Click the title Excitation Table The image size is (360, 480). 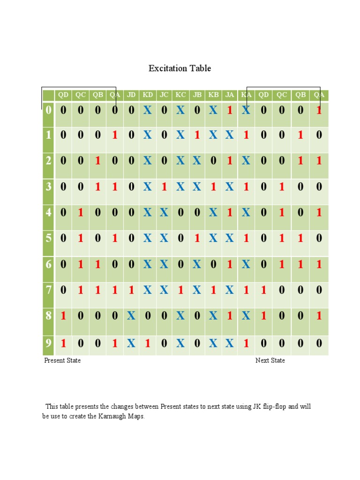pyautogui.click(x=180, y=68)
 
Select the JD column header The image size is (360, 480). pyautogui.click(x=131, y=95)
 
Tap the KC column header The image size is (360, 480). pyautogui.click(x=180, y=95)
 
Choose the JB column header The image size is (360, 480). pyautogui.click(x=197, y=95)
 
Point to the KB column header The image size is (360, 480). pyautogui.click(x=213, y=95)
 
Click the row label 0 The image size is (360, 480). pyautogui.click(x=48, y=111)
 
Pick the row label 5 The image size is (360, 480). pyautogui.click(x=48, y=238)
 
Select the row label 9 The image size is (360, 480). pyautogui.click(x=48, y=343)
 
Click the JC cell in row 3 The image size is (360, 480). pyautogui.click(x=164, y=187)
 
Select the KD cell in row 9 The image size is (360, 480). pyautogui.click(x=148, y=343)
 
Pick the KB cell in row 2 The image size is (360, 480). pyautogui.click(x=213, y=161)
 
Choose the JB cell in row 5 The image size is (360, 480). pyautogui.click(x=197, y=238)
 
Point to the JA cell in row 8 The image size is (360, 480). pyautogui.click(x=230, y=316)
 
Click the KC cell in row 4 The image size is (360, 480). pyautogui.click(x=180, y=213)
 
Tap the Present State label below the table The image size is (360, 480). pyautogui.click(x=62, y=360)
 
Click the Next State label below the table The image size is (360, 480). pyautogui.click(x=270, y=360)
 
